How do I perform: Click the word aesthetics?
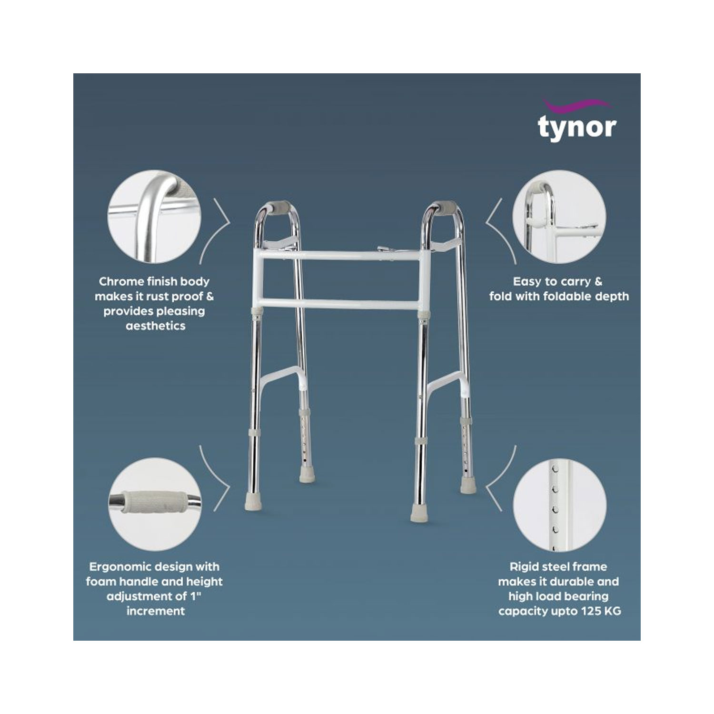click(155, 326)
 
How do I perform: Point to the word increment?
click(155, 611)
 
